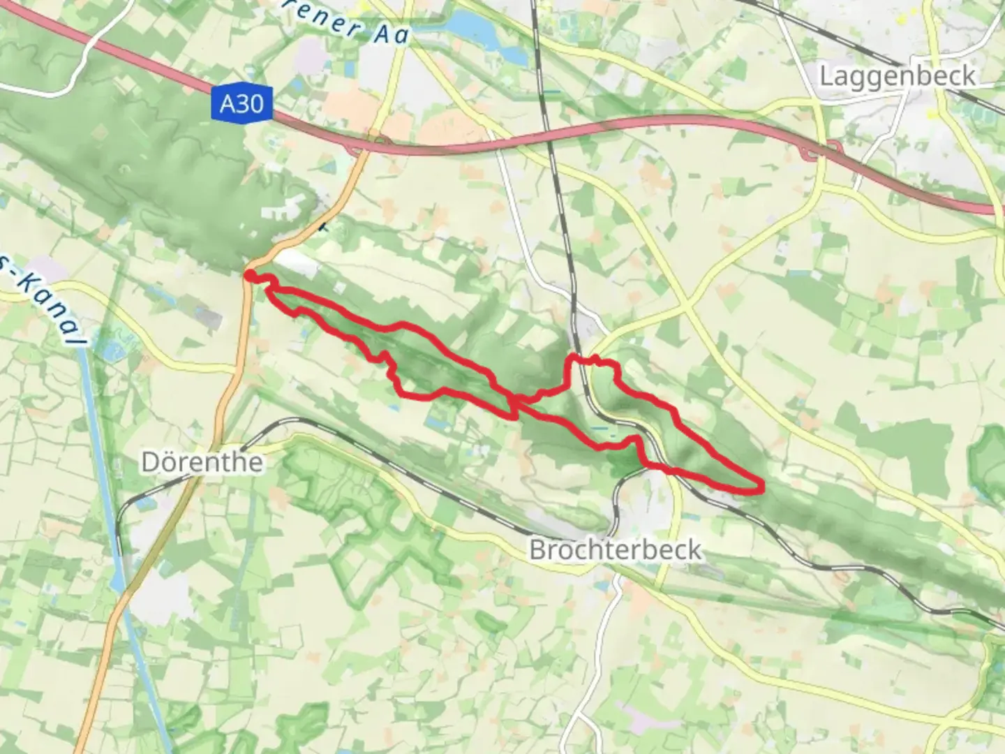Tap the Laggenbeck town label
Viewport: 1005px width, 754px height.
pos(897,75)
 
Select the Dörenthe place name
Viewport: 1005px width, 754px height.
pos(202,461)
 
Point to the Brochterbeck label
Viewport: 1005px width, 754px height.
pos(615,549)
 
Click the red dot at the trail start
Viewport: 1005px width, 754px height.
pos(249,276)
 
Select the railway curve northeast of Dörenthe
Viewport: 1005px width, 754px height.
pos(279,423)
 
